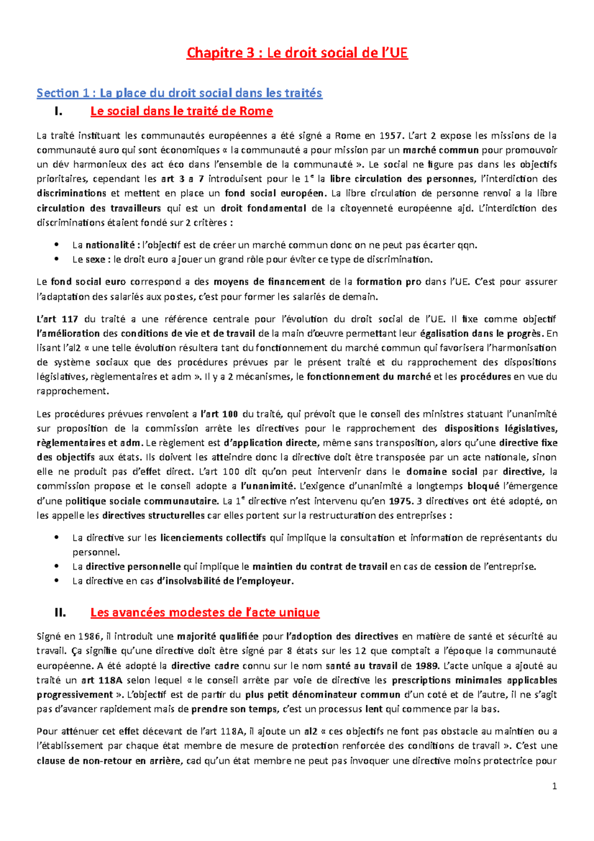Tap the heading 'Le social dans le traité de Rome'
181,111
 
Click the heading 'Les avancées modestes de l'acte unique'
204,613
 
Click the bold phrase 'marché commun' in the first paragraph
441,150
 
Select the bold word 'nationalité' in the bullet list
110,245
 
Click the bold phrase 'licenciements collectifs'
213,538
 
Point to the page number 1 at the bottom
554,786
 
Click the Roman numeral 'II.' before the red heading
60,613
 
